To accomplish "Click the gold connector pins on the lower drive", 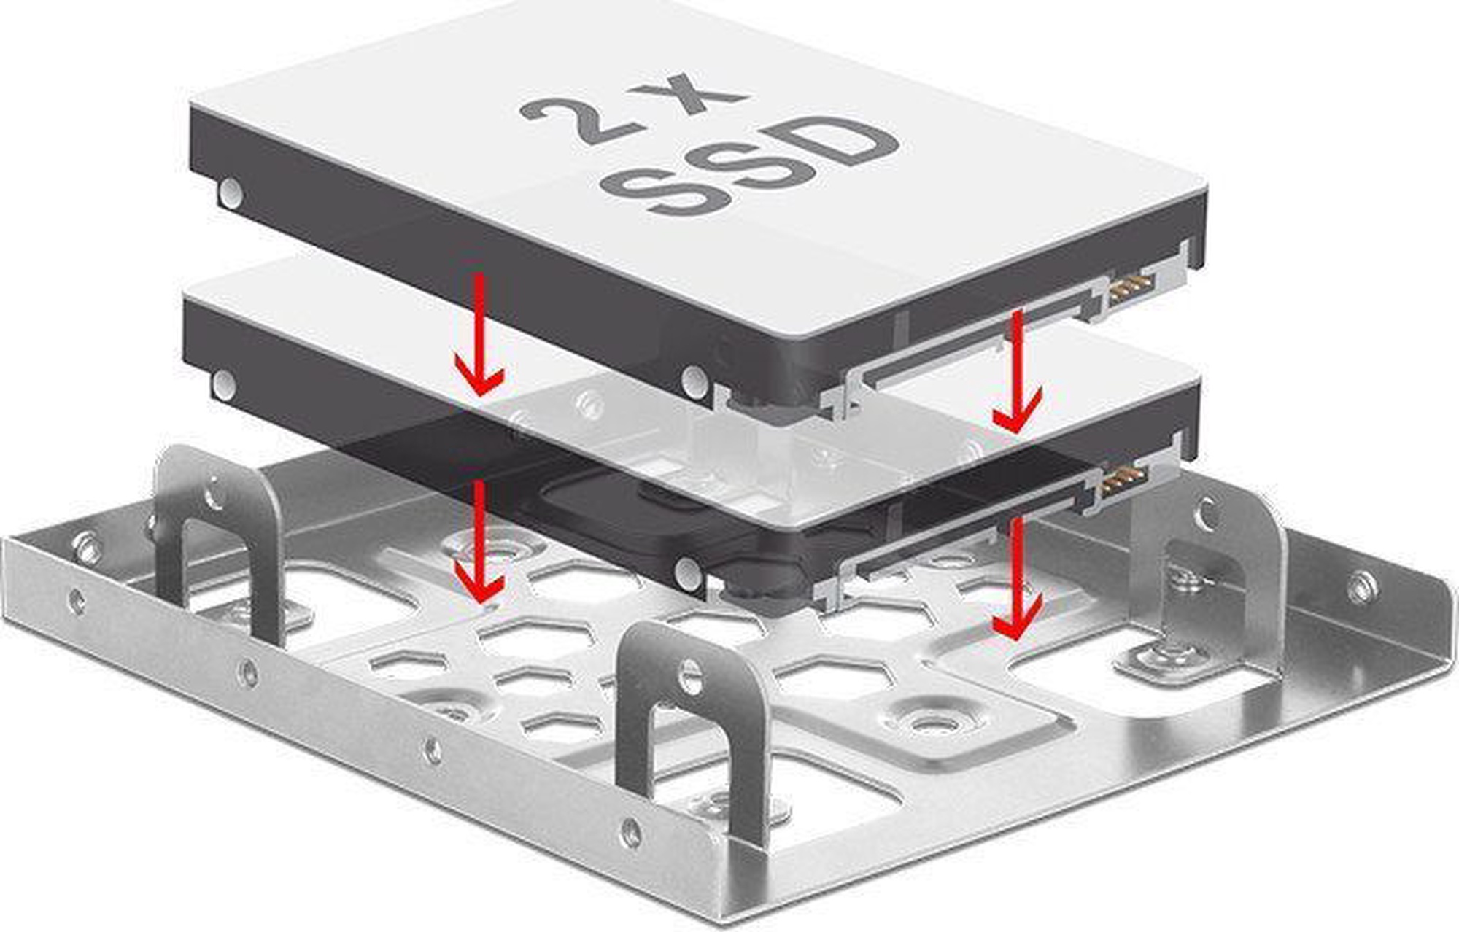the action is (1124, 482).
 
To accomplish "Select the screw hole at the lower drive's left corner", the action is (224, 384).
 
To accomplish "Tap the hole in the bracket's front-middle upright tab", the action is (690, 676).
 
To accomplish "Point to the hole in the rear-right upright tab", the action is (1207, 514).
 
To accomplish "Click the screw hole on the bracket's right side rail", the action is (1361, 587).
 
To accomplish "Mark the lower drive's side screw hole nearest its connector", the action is (688, 573).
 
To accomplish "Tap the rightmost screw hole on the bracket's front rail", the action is (630, 832).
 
